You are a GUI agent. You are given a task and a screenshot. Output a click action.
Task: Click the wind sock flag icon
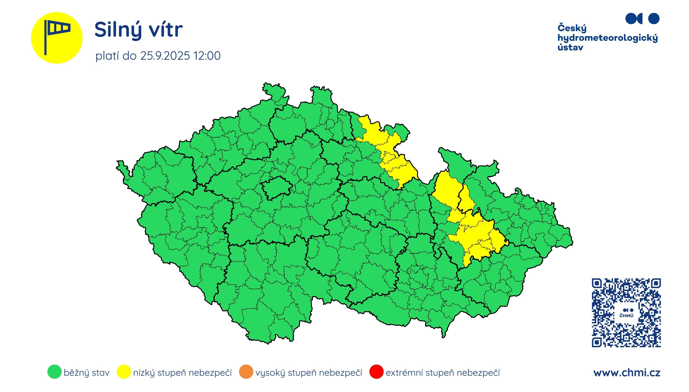(57, 37)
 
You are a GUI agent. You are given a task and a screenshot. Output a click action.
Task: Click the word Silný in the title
(118, 30)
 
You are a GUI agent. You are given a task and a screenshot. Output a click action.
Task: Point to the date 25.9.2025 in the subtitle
(165, 56)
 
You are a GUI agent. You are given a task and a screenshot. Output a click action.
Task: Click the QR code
(626, 313)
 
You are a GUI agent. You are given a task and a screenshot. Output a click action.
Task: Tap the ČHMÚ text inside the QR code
(626, 315)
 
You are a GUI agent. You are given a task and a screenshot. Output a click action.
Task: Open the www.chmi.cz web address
(627, 373)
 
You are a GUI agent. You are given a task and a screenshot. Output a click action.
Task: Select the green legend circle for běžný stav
(54, 372)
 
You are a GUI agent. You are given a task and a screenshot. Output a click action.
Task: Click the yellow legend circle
(124, 372)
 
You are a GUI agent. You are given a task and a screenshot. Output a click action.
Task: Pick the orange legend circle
(246, 372)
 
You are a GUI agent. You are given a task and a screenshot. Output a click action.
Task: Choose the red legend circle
(376, 372)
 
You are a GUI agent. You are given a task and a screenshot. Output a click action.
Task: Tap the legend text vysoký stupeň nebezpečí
(309, 373)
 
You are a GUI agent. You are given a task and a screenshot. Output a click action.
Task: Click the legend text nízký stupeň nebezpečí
(182, 373)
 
